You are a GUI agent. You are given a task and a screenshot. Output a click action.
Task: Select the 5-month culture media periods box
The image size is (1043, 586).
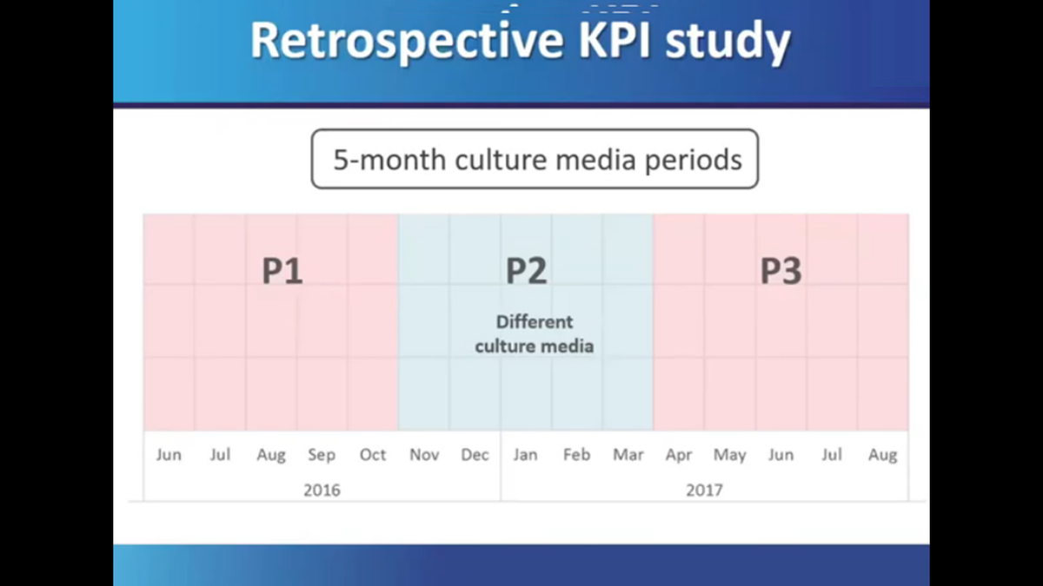(535, 160)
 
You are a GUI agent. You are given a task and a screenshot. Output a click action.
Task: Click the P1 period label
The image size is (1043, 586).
(282, 272)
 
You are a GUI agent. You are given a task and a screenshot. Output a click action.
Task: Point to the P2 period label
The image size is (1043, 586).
(527, 272)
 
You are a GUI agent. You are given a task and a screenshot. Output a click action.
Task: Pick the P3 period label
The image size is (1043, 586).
(781, 272)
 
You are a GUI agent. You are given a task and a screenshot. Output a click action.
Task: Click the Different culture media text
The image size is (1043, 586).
(534, 334)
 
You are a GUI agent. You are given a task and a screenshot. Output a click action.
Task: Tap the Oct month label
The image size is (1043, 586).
(373, 455)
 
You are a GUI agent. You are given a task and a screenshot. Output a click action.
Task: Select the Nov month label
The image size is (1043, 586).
(424, 455)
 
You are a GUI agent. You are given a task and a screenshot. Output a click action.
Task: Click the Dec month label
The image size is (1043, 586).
(475, 455)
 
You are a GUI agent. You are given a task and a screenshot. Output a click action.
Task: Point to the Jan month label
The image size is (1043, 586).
(525, 455)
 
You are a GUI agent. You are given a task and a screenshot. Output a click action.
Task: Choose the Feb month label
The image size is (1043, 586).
(576, 455)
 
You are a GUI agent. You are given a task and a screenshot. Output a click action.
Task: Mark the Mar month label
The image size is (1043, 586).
(628, 455)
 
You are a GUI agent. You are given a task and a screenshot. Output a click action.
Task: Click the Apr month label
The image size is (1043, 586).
(679, 455)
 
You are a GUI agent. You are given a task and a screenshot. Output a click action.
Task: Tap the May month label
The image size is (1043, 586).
(729, 455)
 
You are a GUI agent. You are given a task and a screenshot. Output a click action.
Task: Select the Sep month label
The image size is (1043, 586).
(322, 455)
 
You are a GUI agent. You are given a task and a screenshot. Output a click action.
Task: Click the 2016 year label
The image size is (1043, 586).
(322, 491)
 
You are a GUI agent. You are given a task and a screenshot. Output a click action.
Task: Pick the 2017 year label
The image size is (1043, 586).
(704, 491)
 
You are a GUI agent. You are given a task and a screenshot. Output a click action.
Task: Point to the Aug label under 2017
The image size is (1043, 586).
(882, 455)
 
